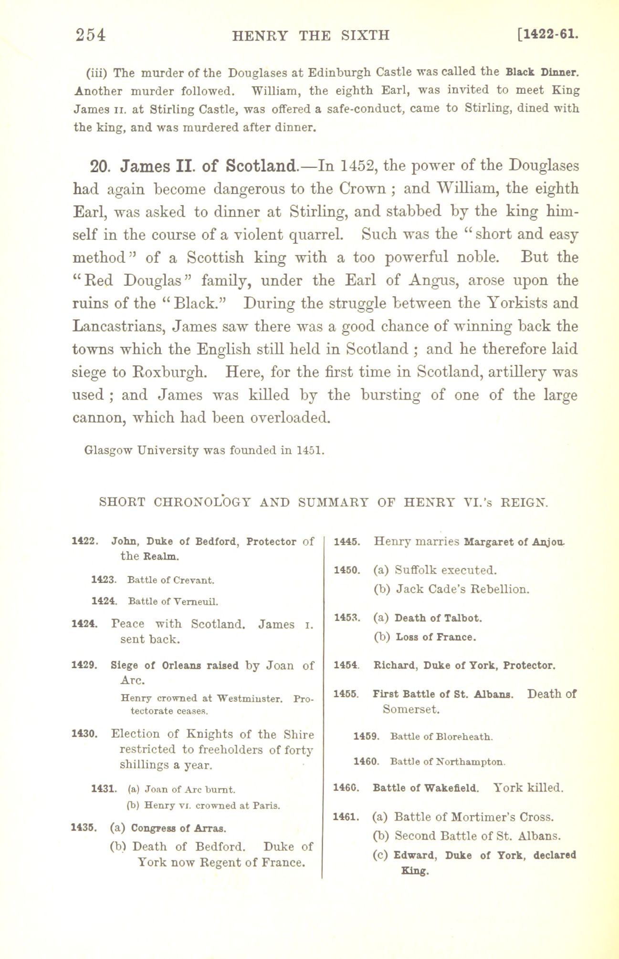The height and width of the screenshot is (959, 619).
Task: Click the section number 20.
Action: pos(100,167)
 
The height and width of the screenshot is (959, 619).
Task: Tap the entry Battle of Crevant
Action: pos(171,580)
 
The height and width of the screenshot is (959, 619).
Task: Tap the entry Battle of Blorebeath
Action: pos(441,737)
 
